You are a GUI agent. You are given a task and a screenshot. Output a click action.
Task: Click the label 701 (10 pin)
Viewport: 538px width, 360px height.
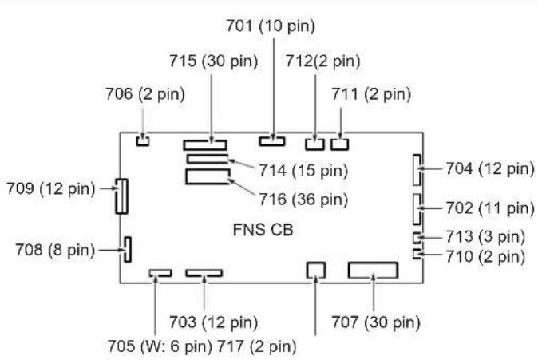(x=271, y=26)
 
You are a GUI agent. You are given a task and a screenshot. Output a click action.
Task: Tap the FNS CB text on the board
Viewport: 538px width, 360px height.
(x=263, y=230)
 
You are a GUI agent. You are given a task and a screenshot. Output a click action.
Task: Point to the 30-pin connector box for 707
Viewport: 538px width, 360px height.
(x=373, y=263)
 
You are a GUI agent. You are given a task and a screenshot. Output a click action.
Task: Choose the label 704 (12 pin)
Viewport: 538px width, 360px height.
(x=490, y=168)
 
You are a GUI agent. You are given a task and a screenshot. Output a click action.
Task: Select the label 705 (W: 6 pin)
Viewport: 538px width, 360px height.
(x=160, y=346)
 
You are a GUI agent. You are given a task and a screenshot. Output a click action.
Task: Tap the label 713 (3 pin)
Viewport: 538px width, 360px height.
(x=485, y=236)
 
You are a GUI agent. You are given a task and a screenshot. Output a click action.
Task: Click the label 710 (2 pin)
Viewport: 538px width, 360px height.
(x=485, y=256)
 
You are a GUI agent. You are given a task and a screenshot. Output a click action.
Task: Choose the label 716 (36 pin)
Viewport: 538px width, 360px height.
(x=303, y=199)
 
